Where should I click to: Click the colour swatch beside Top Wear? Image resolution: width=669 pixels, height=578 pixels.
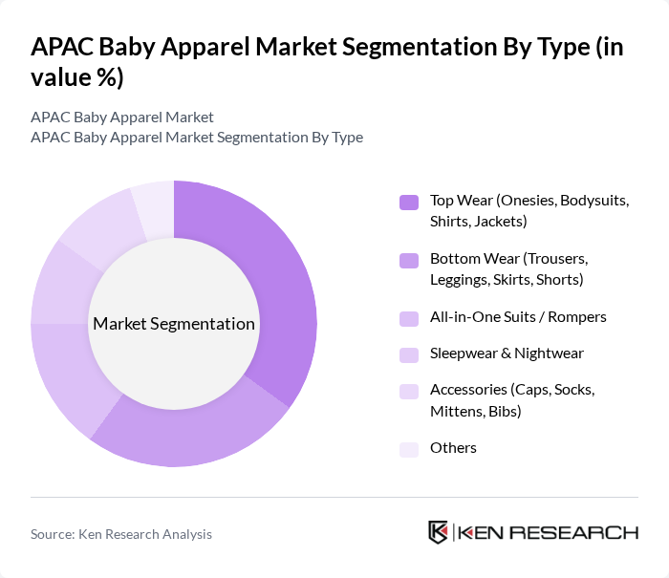click(409, 202)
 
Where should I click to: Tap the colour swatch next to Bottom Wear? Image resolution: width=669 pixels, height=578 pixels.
click(409, 260)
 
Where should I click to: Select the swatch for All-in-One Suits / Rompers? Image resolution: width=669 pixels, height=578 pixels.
click(409, 317)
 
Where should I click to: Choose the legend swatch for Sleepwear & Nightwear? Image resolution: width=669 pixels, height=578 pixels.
click(409, 354)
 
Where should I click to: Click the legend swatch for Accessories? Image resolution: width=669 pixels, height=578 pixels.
click(409, 391)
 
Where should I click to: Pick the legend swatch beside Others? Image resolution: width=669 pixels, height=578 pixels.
click(409, 449)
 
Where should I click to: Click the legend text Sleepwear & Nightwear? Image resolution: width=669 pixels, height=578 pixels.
click(507, 353)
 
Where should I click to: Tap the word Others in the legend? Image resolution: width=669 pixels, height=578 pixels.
click(453, 448)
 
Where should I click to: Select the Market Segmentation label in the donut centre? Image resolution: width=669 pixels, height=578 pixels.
click(174, 324)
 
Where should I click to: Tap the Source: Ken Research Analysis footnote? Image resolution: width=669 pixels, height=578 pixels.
click(121, 534)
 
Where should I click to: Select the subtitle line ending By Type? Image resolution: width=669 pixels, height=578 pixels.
click(197, 137)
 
